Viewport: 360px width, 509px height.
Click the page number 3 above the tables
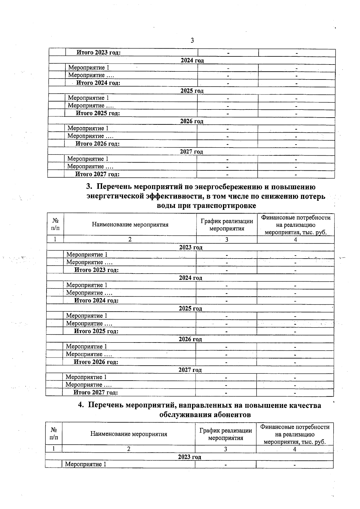point(192,40)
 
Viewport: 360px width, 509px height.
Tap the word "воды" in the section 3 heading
point(166,206)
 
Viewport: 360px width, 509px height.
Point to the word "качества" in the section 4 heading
point(304,406)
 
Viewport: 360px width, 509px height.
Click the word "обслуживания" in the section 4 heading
point(183,415)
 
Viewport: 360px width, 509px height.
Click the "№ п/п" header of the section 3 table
point(55,224)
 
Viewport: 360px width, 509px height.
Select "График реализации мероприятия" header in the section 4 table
point(226,434)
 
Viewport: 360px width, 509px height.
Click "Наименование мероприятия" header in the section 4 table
point(129,434)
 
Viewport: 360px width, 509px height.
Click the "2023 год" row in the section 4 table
point(189,457)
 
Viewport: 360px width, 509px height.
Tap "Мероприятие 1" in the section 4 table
point(85,464)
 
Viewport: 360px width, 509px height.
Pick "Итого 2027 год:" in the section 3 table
point(96,392)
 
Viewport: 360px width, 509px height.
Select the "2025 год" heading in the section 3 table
point(190,308)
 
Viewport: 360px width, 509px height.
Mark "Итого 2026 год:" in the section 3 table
point(96,362)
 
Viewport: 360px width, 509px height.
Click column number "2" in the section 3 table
point(130,239)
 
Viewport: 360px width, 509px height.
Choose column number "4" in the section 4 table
point(295,449)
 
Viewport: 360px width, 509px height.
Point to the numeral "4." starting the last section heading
point(81,406)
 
